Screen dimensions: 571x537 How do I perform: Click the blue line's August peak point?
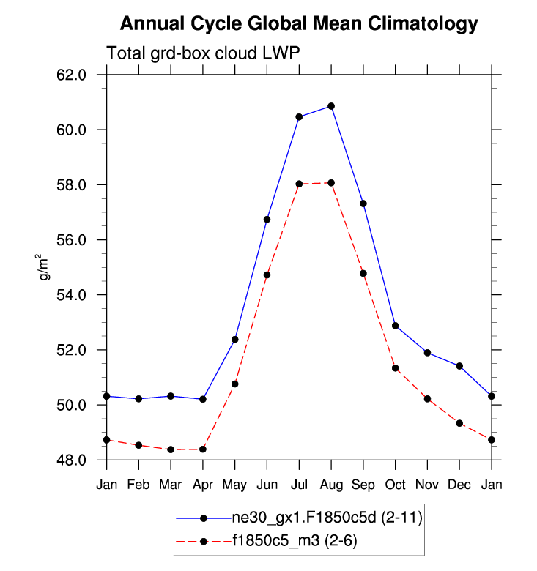point(331,106)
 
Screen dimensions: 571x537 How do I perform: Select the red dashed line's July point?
point(299,184)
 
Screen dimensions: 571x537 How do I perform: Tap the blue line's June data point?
point(267,220)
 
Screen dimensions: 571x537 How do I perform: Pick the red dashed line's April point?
point(203,449)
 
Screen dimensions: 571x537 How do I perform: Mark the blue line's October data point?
point(396,326)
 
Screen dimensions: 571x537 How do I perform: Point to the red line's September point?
point(363,273)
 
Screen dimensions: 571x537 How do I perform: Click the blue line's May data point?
point(235,339)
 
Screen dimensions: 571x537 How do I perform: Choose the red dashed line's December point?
point(459,423)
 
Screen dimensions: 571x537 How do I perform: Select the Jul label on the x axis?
point(299,484)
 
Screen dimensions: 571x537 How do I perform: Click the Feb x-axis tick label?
point(139,484)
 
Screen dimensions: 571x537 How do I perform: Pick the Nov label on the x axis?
point(427,484)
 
